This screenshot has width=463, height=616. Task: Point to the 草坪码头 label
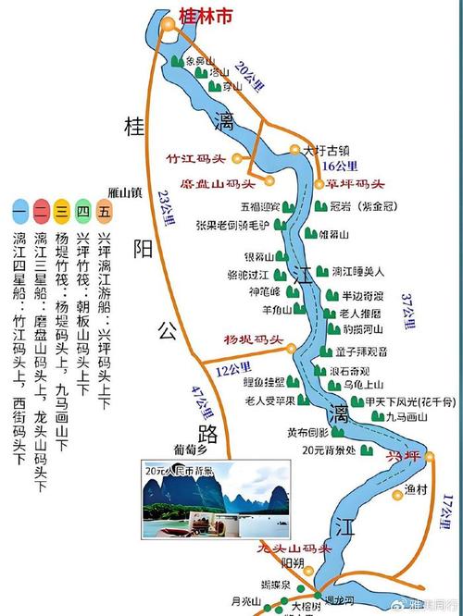tap(354, 183)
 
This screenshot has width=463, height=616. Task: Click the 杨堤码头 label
tap(252, 339)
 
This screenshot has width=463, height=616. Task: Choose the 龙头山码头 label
tap(294, 548)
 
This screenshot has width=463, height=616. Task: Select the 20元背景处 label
tap(328, 450)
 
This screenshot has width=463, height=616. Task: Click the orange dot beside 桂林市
tap(168, 25)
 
